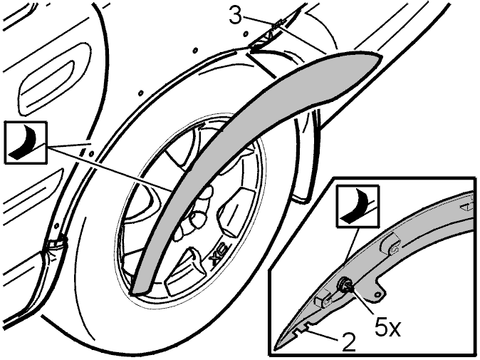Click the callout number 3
click(x=236, y=16)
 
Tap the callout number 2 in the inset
click(x=349, y=342)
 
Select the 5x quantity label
click(x=387, y=328)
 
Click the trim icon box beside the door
click(x=26, y=143)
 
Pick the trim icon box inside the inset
click(x=358, y=206)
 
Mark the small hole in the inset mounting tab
click(x=378, y=294)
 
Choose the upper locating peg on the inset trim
click(x=390, y=245)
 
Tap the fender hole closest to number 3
click(x=246, y=33)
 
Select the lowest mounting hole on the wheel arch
click(x=57, y=226)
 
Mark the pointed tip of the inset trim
click(x=276, y=348)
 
